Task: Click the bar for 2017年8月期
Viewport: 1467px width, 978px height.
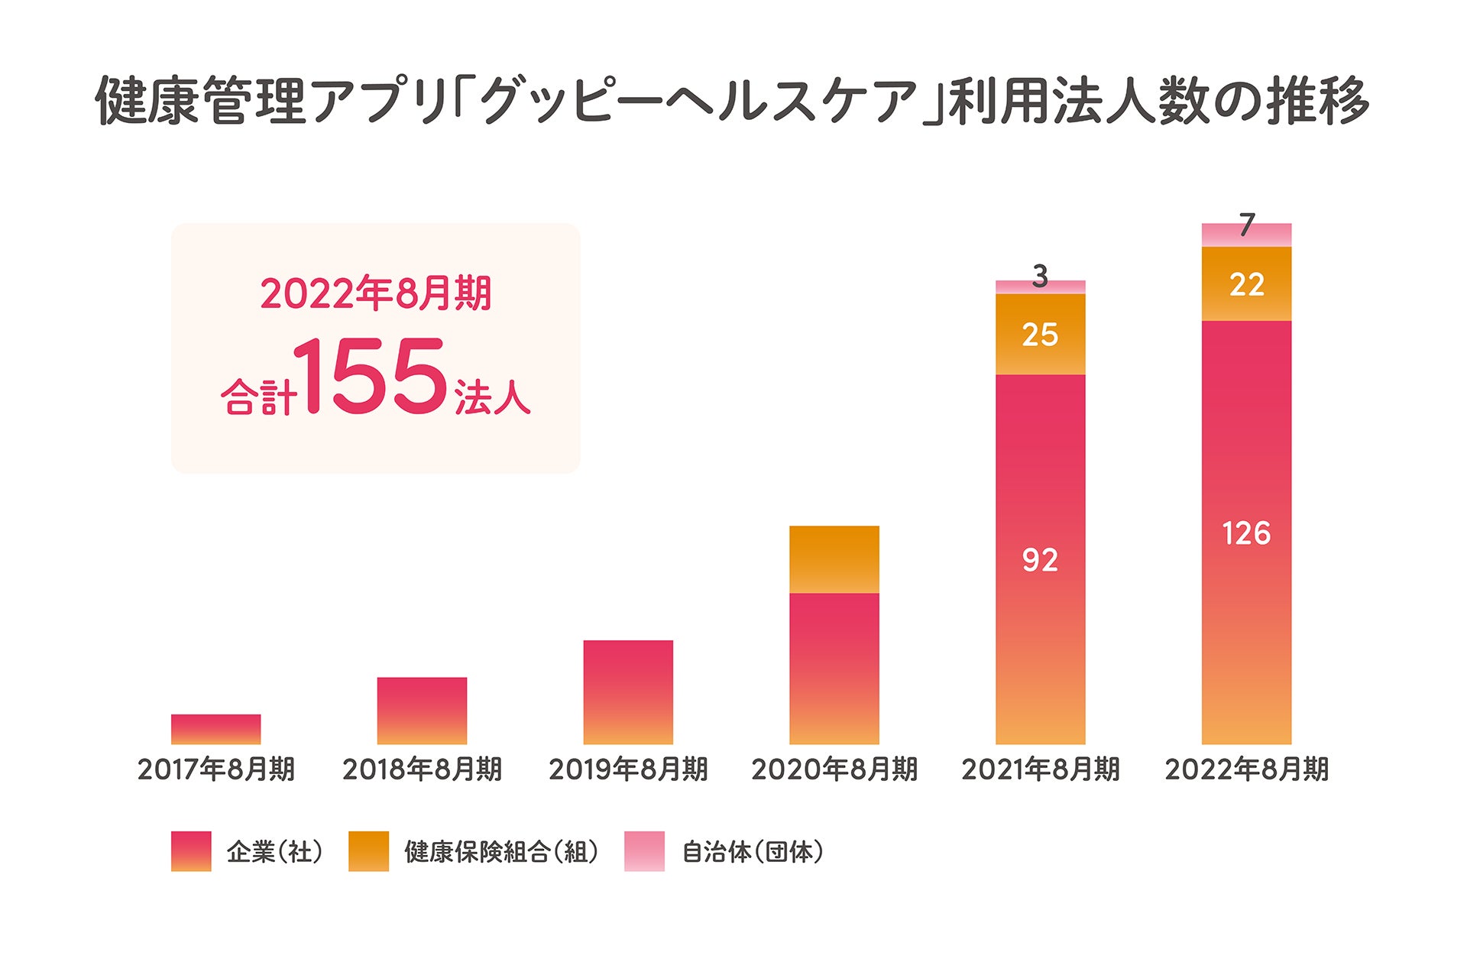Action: tap(215, 729)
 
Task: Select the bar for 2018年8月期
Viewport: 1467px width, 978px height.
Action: tap(422, 711)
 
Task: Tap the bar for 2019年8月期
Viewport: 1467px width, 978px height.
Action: tap(628, 692)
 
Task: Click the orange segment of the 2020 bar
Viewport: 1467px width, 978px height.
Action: tap(834, 559)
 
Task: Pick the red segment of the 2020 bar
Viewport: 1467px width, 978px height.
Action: tap(834, 669)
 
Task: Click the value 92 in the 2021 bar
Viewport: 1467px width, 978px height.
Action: tap(1040, 560)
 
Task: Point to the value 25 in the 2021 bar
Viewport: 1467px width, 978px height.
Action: tap(1040, 335)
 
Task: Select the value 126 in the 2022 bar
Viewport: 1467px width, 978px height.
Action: tap(1246, 533)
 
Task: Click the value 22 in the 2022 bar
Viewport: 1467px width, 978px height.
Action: tap(1246, 285)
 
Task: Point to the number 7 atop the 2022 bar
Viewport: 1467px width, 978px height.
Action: tap(1246, 225)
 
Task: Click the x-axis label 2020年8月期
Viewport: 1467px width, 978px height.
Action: tap(834, 769)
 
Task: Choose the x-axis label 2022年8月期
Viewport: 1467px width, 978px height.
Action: tap(1246, 769)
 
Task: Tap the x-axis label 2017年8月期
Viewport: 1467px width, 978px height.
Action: tap(215, 769)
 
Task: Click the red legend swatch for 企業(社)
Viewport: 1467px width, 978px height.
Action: tap(191, 851)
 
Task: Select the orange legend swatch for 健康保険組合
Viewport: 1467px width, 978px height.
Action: tap(368, 851)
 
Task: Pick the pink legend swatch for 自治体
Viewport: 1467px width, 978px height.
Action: tap(644, 851)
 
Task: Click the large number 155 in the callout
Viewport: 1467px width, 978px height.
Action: tap(370, 376)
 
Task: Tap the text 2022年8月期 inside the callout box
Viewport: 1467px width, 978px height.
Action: tap(375, 293)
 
